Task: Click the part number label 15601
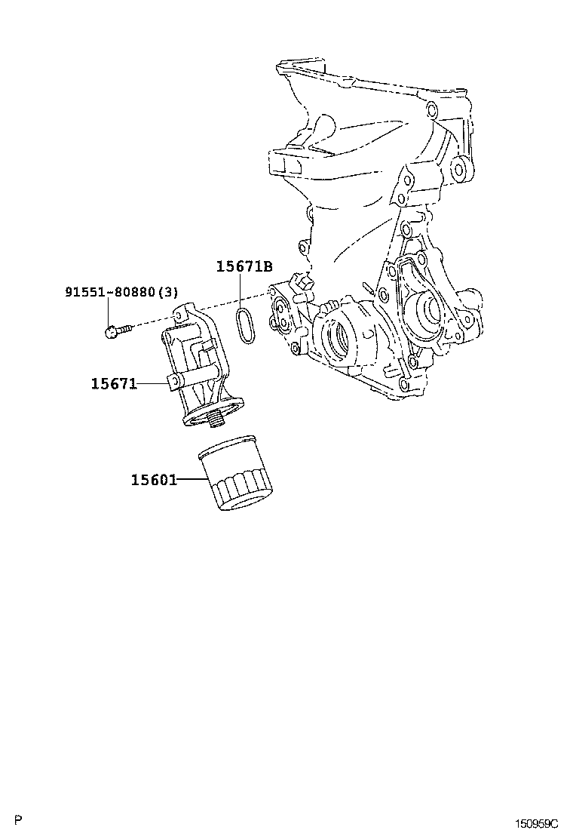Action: point(153,480)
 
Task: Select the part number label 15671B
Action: point(244,266)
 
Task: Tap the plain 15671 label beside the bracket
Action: point(114,384)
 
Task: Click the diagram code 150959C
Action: point(536,822)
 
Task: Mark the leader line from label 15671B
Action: point(241,291)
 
